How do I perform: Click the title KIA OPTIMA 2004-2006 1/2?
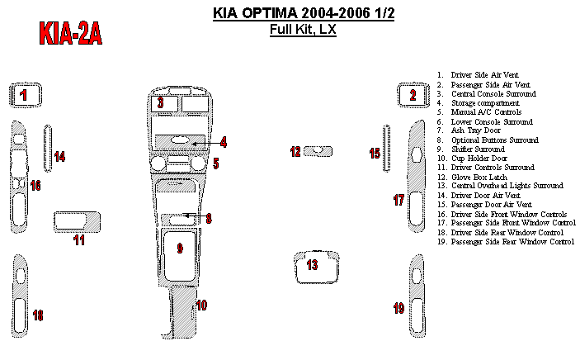pyautogui.click(x=303, y=14)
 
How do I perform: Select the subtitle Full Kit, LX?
pyautogui.click(x=303, y=31)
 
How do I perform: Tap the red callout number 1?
pyautogui.click(x=24, y=95)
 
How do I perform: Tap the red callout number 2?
pyautogui.click(x=413, y=95)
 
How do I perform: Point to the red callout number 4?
pyautogui.click(x=223, y=142)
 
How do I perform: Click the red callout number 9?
pyautogui.click(x=180, y=247)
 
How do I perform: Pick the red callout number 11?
pyautogui.click(x=79, y=240)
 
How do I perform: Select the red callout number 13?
pyautogui.click(x=312, y=265)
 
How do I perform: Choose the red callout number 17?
pyautogui.click(x=398, y=201)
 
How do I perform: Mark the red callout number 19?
pyautogui.click(x=398, y=309)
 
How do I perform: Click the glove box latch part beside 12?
pyautogui.click(x=317, y=151)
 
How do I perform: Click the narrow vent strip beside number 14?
pyautogui.click(x=47, y=148)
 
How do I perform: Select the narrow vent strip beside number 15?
pyautogui.click(x=386, y=148)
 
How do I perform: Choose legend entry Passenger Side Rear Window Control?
pyautogui.click(x=512, y=242)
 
